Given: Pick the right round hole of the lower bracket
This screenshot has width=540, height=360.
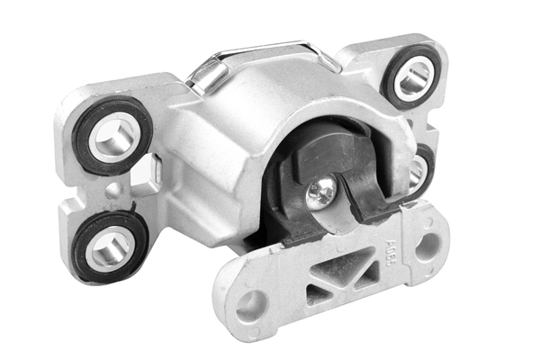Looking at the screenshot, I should coord(428,244).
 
